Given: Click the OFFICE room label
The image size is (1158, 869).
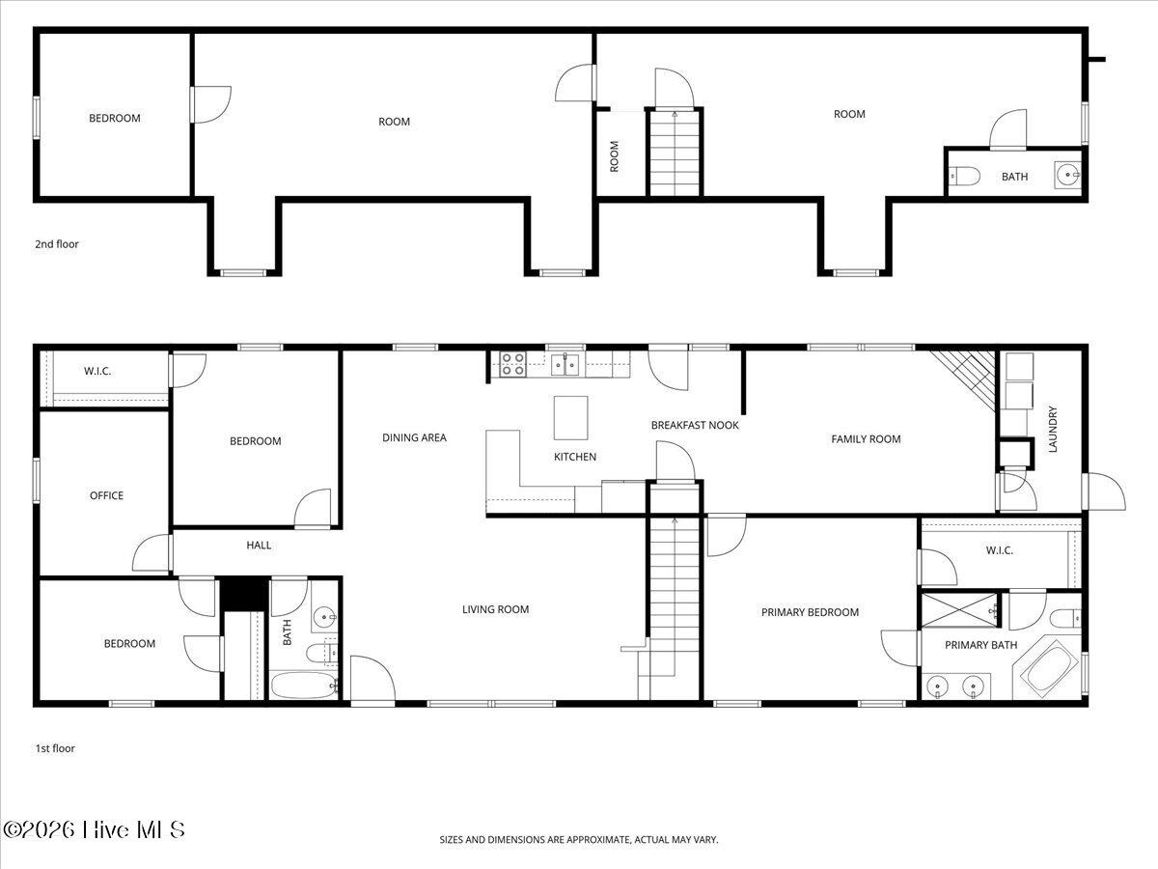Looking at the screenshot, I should (106, 495).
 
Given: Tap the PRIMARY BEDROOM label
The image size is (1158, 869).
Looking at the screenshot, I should (810, 612).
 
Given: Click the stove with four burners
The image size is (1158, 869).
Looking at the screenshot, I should (512, 364).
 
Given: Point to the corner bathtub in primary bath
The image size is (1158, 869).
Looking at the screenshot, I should (1049, 669).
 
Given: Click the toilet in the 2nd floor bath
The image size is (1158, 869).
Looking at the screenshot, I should (966, 176).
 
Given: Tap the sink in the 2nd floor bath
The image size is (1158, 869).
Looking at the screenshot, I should (1068, 176).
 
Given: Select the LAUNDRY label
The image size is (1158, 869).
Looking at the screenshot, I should (1053, 429).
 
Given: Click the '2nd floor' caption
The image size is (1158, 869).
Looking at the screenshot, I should (57, 244).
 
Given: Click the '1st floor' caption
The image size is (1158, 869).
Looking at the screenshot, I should (55, 748).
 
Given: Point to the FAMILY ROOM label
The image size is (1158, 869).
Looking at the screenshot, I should (866, 439).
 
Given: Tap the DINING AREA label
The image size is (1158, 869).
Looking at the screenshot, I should (414, 437).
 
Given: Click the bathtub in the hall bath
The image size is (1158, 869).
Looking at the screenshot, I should (303, 686).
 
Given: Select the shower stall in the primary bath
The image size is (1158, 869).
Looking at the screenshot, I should (959, 611).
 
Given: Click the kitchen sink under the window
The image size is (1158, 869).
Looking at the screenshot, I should (565, 364).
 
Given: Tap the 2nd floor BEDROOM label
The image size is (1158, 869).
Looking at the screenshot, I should (114, 119).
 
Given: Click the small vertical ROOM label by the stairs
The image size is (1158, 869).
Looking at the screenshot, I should (615, 156).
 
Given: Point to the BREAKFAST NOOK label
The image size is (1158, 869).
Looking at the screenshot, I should (695, 425).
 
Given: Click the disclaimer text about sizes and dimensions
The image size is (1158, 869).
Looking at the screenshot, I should (579, 840).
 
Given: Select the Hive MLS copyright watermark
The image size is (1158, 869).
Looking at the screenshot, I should (94, 829).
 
